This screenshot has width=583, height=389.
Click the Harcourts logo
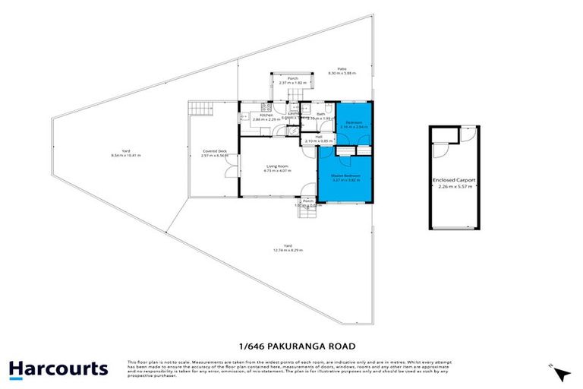pyautogui.click(x=58, y=369)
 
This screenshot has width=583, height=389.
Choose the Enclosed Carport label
pyautogui.click(x=454, y=180)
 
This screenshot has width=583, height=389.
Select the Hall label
pyautogui.click(x=309, y=137)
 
